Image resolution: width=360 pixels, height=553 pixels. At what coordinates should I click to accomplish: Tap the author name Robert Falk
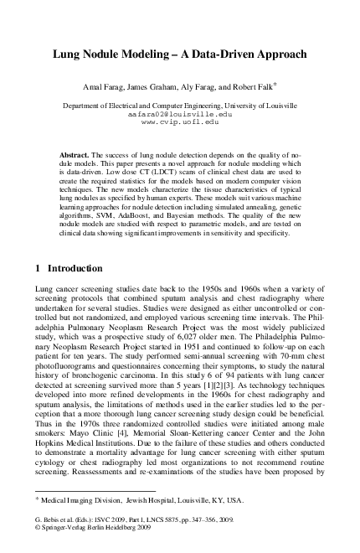[x=255, y=86]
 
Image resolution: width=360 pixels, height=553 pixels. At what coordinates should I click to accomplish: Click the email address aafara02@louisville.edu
[x=179, y=114]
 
